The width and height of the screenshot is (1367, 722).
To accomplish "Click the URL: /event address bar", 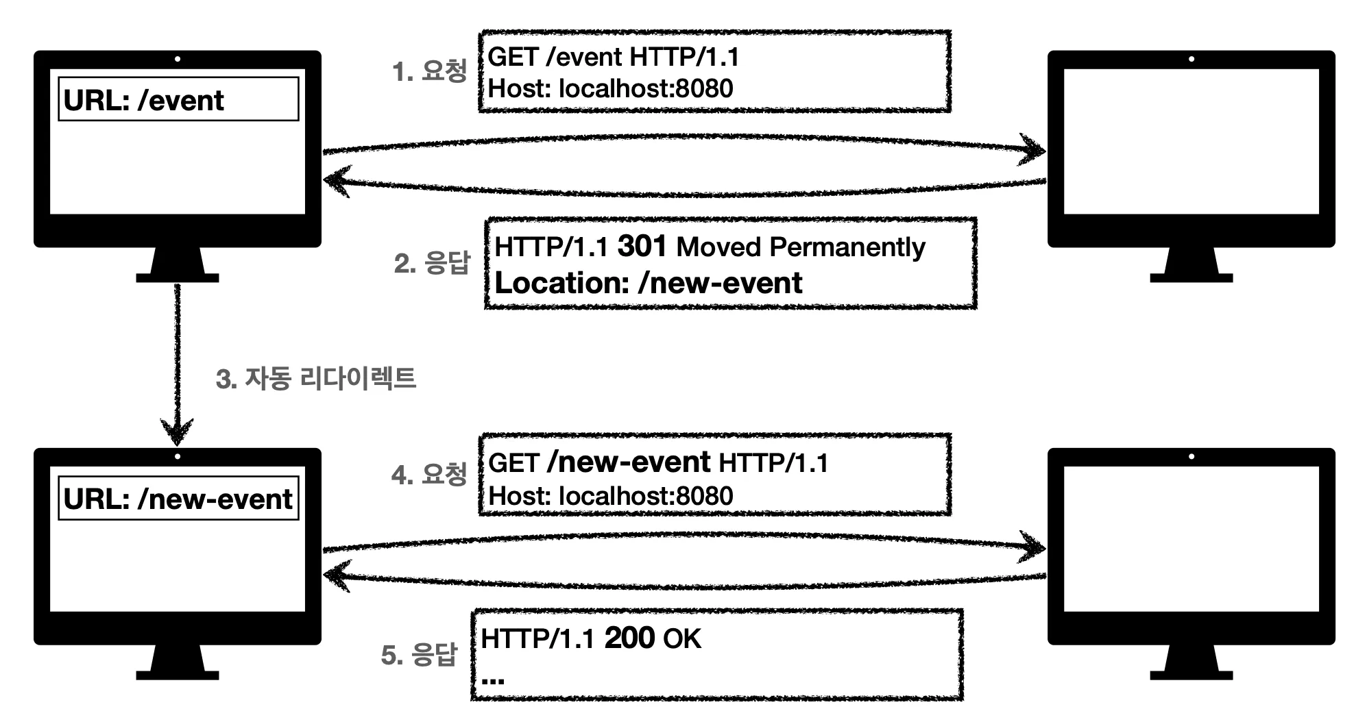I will pyautogui.click(x=178, y=99).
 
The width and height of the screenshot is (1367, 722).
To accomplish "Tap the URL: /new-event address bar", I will pyautogui.click(x=178, y=498).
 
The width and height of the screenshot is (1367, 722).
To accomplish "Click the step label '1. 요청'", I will pyautogui.click(x=429, y=71).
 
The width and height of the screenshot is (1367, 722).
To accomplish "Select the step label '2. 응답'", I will pyautogui.click(x=432, y=263).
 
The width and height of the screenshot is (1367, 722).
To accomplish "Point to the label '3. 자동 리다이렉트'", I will pyautogui.click(x=315, y=379).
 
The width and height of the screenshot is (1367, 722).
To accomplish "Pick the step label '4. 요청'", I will pyautogui.click(x=429, y=474).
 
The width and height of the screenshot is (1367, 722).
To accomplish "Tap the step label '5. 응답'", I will pyautogui.click(x=419, y=655).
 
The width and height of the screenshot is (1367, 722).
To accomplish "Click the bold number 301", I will pyautogui.click(x=642, y=247).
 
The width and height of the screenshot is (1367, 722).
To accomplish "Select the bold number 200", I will pyautogui.click(x=629, y=638).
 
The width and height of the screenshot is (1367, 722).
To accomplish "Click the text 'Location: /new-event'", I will pyautogui.click(x=648, y=283).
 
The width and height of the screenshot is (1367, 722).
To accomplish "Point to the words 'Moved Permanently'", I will pyautogui.click(x=801, y=247).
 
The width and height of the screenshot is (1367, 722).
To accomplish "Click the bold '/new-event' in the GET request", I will pyautogui.click(x=629, y=462).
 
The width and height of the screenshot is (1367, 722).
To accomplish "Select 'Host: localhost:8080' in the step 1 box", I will pyautogui.click(x=610, y=88).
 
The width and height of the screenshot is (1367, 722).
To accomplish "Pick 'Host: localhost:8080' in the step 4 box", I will pyautogui.click(x=610, y=495).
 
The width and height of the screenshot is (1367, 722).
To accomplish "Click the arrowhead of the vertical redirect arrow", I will pyautogui.click(x=177, y=433).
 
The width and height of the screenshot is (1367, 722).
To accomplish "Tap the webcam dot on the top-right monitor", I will pyautogui.click(x=1191, y=60).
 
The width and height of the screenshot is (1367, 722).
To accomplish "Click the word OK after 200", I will pyautogui.click(x=682, y=639).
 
